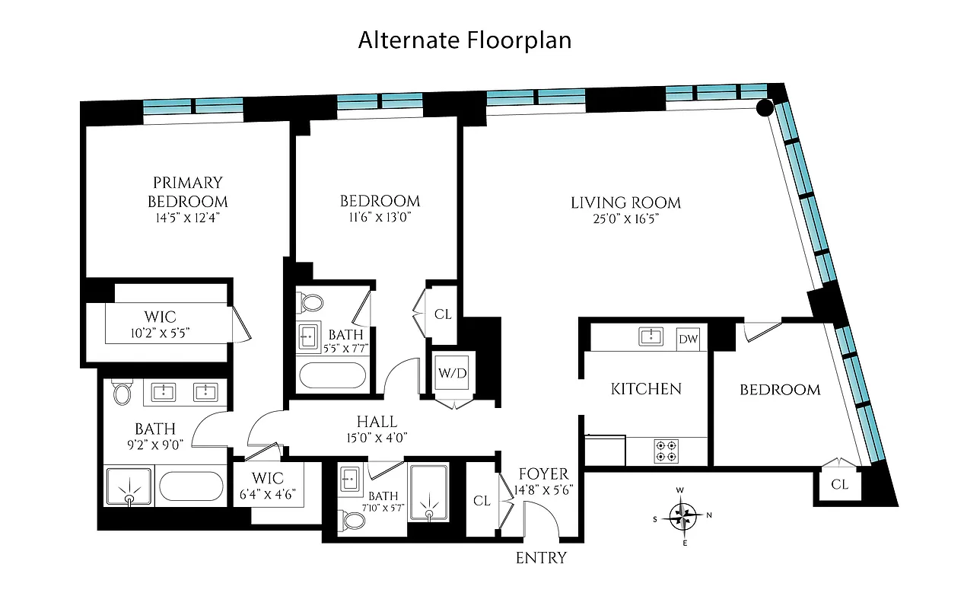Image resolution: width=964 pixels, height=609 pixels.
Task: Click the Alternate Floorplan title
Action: click(x=465, y=40)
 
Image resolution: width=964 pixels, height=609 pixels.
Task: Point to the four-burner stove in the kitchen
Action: click(x=667, y=451)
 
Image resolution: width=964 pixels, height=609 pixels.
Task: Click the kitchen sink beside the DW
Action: click(x=651, y=336)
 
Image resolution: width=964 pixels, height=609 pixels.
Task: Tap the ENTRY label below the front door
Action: click(x=541, y=558)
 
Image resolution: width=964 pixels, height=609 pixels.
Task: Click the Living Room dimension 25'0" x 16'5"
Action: click(x=625, y=220)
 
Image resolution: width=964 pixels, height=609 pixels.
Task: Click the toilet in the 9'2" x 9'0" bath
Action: click(x=122, y=393)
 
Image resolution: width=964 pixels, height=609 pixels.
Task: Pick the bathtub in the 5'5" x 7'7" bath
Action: click(x=332, y=376)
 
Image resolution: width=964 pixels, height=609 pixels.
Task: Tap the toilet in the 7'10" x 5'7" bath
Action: click(x=352, y=521)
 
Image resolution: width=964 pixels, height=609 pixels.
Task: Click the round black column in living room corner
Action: click(x=765, y=107)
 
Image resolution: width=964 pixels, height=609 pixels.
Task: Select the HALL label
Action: click(x=377, y=422)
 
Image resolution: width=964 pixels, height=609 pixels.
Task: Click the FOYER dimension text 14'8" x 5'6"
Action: click(x=542, y=490)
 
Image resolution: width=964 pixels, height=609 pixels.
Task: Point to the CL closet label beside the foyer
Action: click(x=481, y=500)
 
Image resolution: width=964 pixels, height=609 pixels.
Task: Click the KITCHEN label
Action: click(x=646, y=389)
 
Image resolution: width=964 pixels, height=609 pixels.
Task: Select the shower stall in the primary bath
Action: click(x=129, y=488)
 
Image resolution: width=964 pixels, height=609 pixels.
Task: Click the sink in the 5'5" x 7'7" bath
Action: click(x=308, y=336)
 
